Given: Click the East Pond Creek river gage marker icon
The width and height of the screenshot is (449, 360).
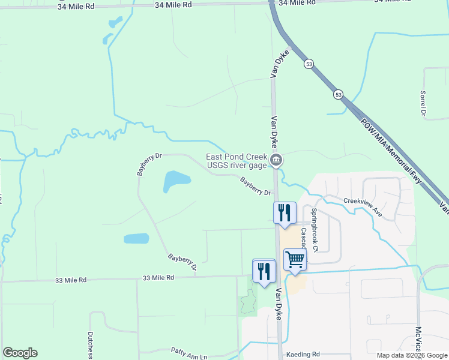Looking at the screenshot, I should click(x=276, y=160).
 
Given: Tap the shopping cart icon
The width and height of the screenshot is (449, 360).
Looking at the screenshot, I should click(x=295, y=260).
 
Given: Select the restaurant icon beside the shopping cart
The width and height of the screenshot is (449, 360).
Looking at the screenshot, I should click(x=264, y=271).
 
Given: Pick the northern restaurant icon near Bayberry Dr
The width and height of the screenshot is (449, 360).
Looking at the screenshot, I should click(x=285, y=212).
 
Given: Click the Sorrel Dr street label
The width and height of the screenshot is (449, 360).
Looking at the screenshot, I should click(x=423, y=104).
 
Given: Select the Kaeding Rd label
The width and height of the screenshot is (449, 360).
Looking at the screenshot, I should click(x=303, y=355).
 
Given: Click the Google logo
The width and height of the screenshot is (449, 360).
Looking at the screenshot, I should click(x=20, y=353).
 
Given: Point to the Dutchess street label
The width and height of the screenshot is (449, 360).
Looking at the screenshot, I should click(x=91, y=344).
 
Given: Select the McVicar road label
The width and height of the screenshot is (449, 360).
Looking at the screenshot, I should click(x=418, y=339).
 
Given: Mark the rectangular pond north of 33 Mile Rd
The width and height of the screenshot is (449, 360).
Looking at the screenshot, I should click(x=136, y=238).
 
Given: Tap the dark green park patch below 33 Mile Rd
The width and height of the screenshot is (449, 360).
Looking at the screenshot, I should click(x=248, y=302).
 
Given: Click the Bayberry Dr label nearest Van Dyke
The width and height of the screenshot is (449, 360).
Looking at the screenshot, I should click(x=256, y=186).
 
